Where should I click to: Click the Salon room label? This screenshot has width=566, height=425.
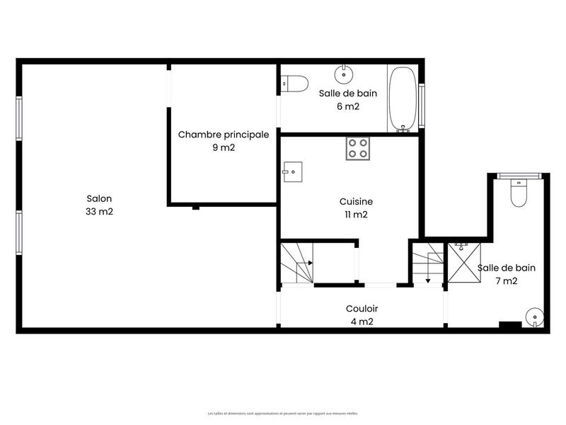99,199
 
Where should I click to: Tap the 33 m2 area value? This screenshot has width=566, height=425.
99,212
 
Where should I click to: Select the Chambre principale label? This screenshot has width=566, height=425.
223,135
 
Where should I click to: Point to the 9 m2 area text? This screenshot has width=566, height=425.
223,148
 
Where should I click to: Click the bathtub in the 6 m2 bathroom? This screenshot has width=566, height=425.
404,99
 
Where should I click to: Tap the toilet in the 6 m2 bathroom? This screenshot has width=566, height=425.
295,84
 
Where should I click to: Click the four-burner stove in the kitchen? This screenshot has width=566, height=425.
358,148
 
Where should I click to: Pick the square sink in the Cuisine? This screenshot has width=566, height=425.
292,171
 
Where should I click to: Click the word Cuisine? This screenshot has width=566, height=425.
356,201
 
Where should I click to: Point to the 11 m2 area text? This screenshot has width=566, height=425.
356,214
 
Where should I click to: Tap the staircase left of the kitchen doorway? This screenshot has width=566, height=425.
297,263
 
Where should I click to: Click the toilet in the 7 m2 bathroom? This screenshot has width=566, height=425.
519,193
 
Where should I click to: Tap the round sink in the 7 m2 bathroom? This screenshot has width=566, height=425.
534,317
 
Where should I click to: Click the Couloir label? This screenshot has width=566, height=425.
362,309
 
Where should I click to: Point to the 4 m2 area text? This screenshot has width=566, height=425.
362,322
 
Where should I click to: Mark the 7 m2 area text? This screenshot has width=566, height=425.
507,280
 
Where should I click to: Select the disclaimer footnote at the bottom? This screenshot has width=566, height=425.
283,413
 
